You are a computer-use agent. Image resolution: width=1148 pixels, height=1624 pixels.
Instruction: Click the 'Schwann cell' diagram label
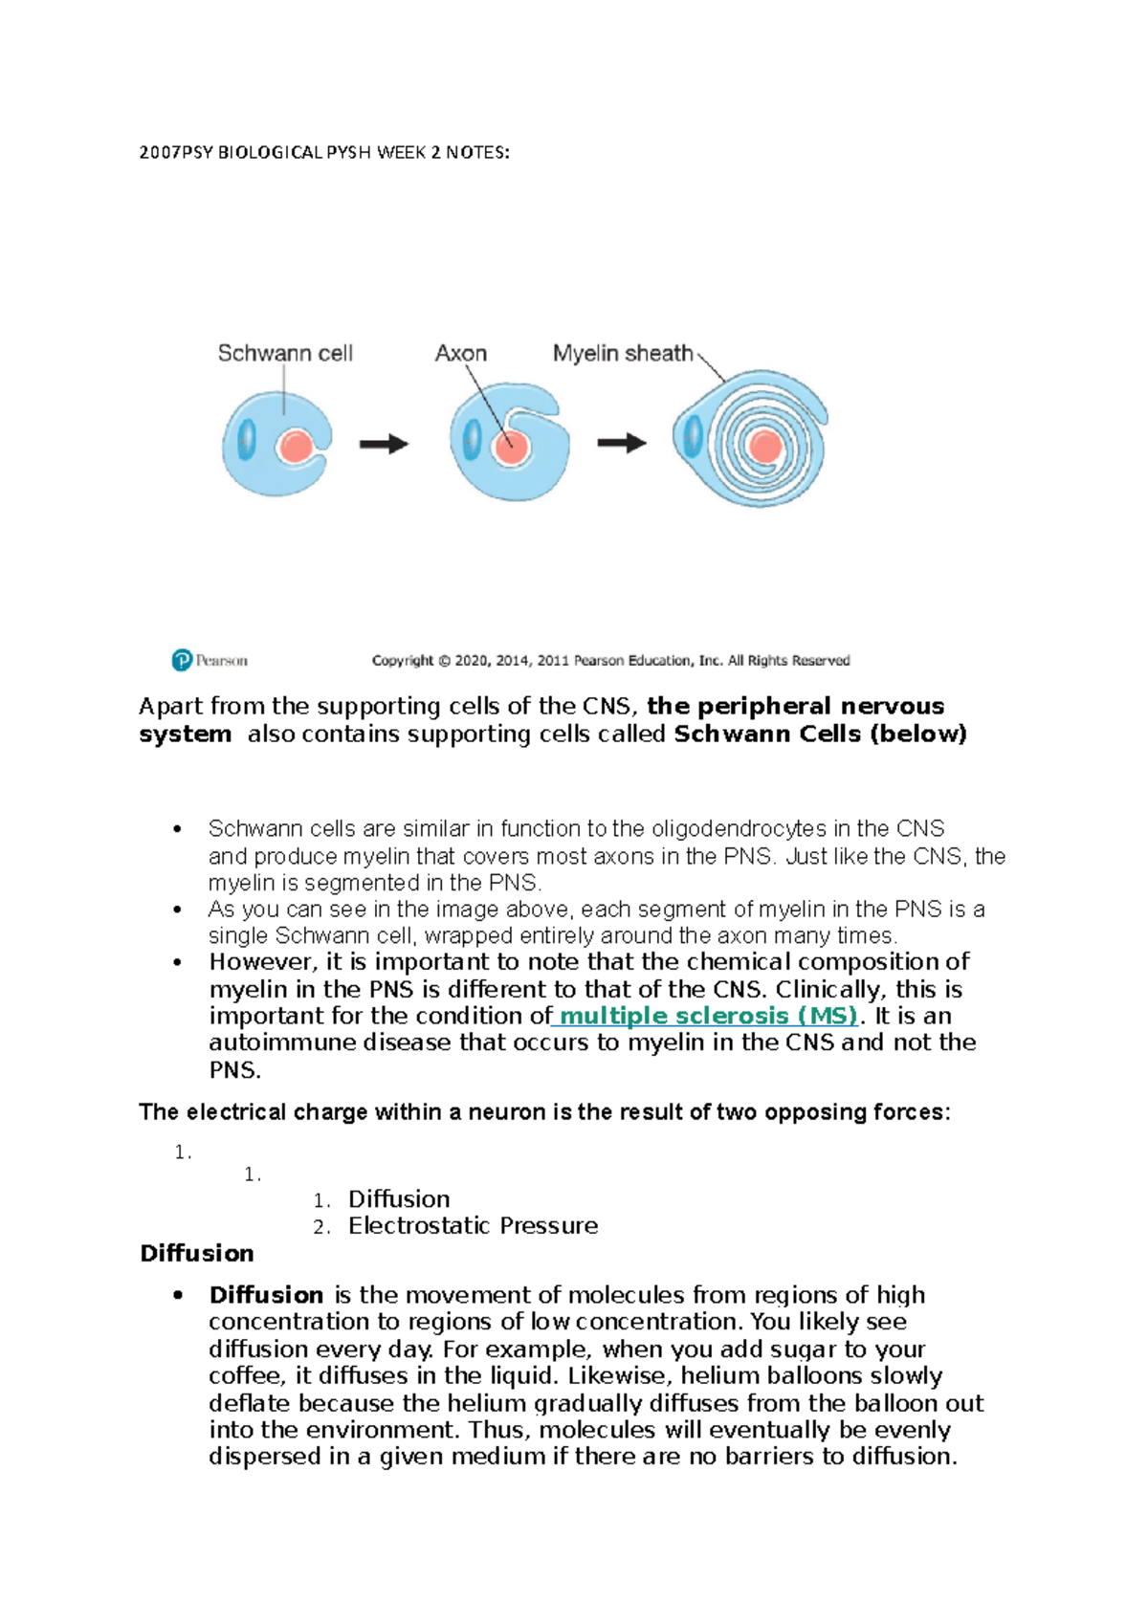[x=285, y=354]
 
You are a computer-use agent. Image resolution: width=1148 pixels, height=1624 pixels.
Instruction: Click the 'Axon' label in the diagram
[x=460, y=354]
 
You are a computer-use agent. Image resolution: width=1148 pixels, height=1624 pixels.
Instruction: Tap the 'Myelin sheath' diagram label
[x=623, y=354]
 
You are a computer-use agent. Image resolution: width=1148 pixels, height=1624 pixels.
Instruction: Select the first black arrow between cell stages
[x=385, y=444]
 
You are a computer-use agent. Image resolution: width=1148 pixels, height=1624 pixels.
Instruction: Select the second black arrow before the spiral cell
[x=622, y=443]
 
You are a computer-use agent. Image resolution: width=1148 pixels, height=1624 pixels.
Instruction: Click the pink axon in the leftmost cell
[x=296, y=447]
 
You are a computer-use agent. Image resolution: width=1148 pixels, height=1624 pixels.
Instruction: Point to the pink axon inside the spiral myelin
[x=766, y=447]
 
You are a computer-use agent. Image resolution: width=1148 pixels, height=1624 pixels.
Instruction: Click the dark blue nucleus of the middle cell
[x=472, y=441]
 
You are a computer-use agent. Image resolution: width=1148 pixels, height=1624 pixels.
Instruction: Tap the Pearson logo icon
[x=182, y=660]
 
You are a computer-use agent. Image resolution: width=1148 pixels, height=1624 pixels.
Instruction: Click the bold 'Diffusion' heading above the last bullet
[x=197, y=1253]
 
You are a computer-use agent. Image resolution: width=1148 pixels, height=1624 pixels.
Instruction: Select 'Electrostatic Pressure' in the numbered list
[x=473, y=1226]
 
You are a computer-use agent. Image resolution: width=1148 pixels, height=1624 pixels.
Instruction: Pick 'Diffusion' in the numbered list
[x=399, y=1199]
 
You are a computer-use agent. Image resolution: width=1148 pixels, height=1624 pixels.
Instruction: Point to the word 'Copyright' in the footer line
[x=403, y=661]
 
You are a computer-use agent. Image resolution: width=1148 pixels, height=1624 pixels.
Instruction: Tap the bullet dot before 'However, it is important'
[x=177, y=962]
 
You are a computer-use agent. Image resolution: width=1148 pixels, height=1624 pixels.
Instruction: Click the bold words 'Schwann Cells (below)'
[x=821, y=735]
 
